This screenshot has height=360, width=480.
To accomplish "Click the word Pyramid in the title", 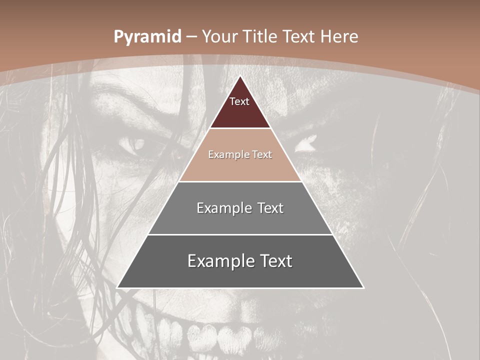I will (147, 37).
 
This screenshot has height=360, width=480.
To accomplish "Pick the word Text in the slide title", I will (299, 37).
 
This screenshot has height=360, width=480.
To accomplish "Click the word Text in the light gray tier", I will (268, 208).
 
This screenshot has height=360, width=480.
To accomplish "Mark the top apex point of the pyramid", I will (240, 76).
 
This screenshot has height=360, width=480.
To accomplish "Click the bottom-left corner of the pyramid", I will (117, 288).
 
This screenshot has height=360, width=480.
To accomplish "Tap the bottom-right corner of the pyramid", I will (363, 288).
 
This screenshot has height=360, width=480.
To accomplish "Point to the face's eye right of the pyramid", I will (306, 144).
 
